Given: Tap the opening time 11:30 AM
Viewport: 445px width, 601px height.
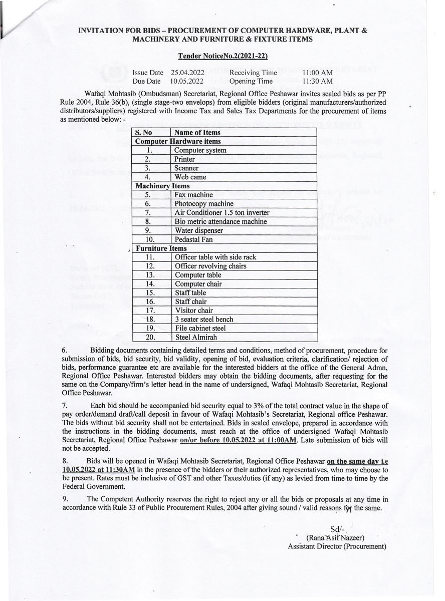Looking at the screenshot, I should [x=317, y=81].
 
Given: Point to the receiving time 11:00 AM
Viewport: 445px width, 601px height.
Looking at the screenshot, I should [x=317, y=73].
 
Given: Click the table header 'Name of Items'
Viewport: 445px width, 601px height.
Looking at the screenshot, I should [x=197, y=133].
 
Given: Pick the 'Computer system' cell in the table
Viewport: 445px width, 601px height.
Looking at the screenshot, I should [x=200, y=150].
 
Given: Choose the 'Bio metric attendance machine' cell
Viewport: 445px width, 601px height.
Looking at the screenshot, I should [x=220, y=221].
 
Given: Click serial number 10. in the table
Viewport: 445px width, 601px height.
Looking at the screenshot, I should [x=149, y=239].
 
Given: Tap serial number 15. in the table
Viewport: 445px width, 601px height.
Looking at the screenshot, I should [x=149, y=292].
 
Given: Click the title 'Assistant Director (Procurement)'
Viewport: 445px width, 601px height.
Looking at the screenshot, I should [x=337, y=546].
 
